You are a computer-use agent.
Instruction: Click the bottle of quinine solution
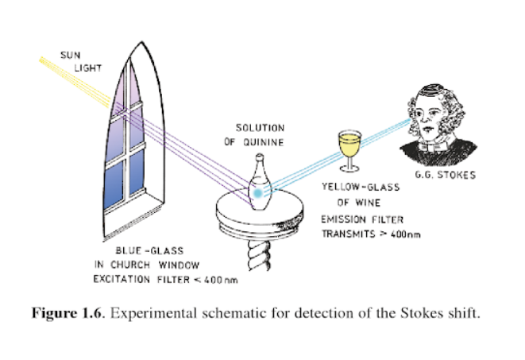[x=258, y=188]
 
